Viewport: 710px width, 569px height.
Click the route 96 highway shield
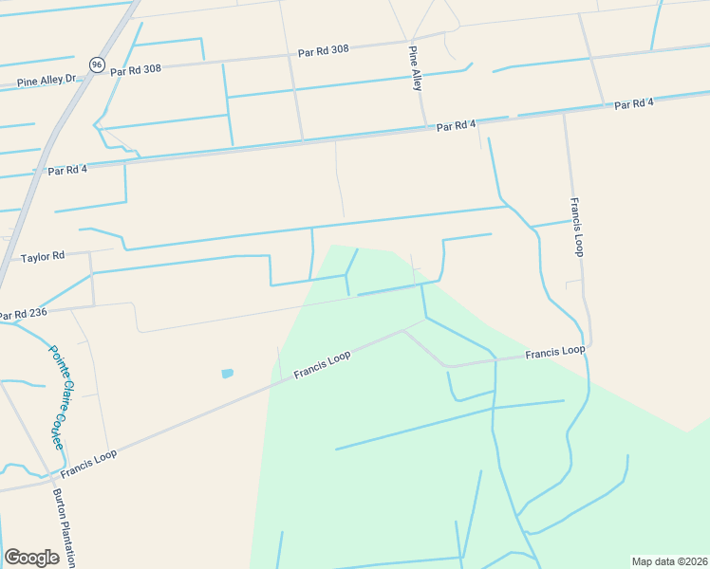[x=97, y=64]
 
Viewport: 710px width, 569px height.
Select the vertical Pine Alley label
[x=416, y=68]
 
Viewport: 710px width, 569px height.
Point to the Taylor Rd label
[x=43, y=256]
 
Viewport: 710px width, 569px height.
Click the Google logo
[x=31, y=558]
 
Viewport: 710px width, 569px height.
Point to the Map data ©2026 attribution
[x=669, y=561]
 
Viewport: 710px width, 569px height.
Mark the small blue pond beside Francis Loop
[x=227, y=374]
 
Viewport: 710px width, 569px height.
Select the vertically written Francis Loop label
[x=576, y=227]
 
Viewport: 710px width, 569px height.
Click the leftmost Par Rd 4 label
[x=67, y=171]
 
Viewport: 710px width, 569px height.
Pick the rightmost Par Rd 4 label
[x=634, y=103]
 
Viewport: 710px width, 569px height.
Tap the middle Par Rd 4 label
[x=457, y=126]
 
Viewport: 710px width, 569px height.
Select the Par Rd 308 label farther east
[x=324, y=50]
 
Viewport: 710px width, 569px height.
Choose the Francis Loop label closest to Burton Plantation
[x=89, y=464]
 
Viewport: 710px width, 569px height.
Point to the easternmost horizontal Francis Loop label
[x=554, y=353]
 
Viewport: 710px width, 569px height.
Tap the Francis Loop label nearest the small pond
[x=322, y=365]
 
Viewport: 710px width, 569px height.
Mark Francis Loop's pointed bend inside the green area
[x=405, y=332]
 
